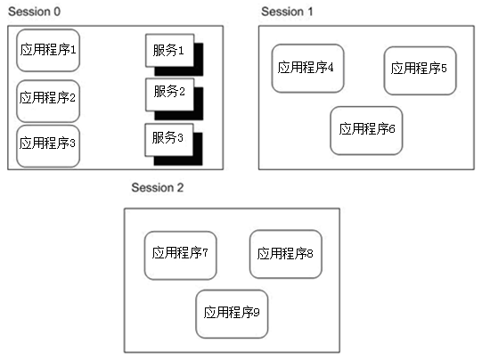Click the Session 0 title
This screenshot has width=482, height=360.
34,12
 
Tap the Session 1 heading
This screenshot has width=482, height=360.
287,12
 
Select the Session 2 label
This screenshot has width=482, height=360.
158,187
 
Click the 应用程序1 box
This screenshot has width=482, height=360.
48,51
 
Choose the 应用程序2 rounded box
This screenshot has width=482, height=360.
48,102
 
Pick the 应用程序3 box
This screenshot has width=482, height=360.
48,146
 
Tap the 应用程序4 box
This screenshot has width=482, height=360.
307,69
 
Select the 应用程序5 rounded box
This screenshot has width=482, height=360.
420,70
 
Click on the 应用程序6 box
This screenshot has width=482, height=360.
366,131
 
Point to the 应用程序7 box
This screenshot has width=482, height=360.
181,256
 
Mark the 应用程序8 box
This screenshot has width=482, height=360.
286,254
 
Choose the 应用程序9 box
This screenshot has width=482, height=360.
232,314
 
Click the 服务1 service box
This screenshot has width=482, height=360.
169,51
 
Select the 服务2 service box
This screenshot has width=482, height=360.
169,94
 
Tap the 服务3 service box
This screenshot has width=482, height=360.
169,140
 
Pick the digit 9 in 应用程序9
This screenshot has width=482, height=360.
257,313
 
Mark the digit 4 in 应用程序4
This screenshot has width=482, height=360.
331,67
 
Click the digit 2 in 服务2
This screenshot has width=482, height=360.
182,91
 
